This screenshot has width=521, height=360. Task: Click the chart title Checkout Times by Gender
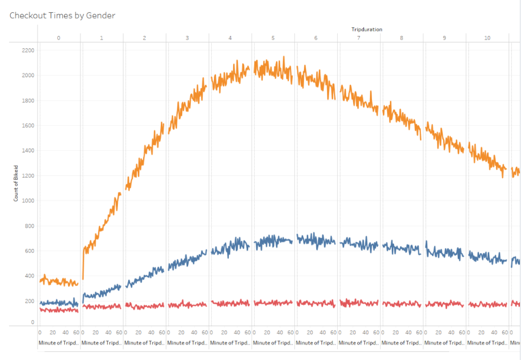[x=62, y=16]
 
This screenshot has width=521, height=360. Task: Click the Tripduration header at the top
[x=367, y=29]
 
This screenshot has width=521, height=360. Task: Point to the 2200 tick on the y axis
[x=28, y=50]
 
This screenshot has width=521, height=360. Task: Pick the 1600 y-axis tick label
[x=28, y=126]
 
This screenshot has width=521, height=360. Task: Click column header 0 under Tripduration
[x=58, y=38]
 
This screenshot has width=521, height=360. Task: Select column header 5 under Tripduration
[x=273, y=38]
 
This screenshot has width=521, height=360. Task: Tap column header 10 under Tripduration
[x=487, y=38]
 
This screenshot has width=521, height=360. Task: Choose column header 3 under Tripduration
[x=187, y=38]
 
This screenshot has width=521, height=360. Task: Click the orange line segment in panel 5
[x=273, y=69]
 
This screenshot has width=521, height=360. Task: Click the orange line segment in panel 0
[x=59, y=281]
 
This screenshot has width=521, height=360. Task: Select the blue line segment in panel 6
[x=316, y=239]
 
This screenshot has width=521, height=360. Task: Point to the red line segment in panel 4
[x=230, y=304]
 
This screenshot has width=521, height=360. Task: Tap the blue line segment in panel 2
[x=145, y=276]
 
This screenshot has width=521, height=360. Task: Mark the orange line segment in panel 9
[x=445, y=137]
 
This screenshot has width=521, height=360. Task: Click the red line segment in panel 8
[x=402, y=304]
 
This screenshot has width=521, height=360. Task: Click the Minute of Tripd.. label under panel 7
[x=359, y=342]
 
